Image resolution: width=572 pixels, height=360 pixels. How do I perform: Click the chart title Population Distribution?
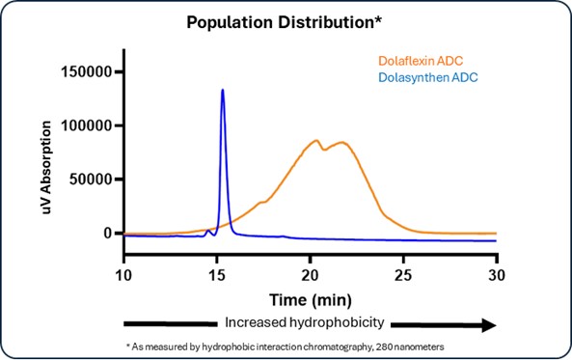pyautogui.click(x=286, y=21)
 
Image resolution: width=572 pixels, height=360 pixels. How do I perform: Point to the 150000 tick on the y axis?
pyautogui.click(x=90, y=72)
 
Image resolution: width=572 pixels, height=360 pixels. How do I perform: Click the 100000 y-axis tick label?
pyautogui.click(x=90, y=126)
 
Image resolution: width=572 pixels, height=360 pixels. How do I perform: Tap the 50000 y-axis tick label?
pyautogui.click(x=94, y=180)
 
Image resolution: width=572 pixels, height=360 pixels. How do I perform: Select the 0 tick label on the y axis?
pyautogui.click(x=110, y=234)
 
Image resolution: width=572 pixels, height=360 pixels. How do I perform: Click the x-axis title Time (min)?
pyautogui.click(x=310, y=295)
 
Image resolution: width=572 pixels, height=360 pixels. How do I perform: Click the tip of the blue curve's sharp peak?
pyautogui.click(x=223, y=90)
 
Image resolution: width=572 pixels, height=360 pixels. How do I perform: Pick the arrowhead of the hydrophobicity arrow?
pyautogui.click(x=488, y=324)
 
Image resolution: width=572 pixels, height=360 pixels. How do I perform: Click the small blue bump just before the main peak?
pyautogui.click(x=209, y=231)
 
